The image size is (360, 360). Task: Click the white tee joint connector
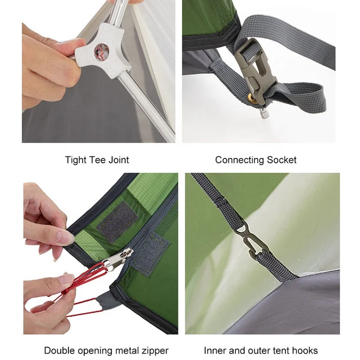click(x=101, y=52)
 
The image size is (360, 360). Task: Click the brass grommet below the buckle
click(x=251, y=99)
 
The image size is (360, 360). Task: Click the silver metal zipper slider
click(x=117, y=259)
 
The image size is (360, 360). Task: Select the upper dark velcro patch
click(x=117, y=222)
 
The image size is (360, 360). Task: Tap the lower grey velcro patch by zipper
click(x=150, y=253)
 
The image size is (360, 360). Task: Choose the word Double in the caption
click(x=60, y=351)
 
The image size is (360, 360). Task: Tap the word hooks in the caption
click(x=305, y=351)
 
